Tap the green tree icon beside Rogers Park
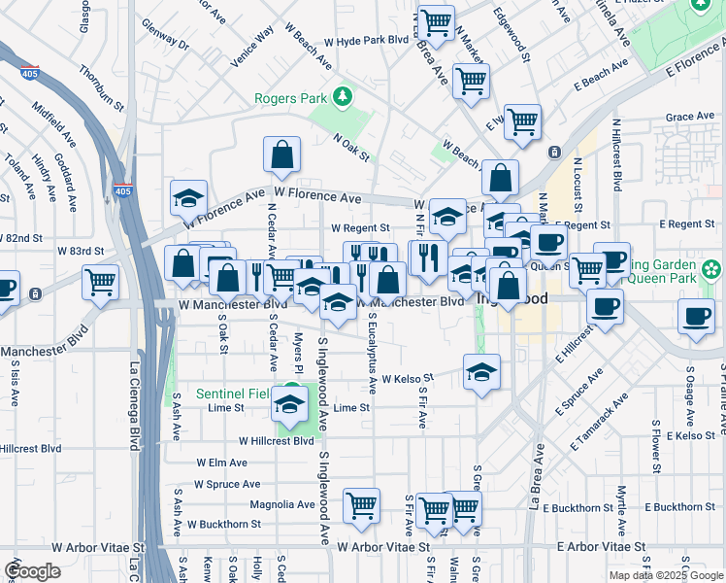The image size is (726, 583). pos(341,97)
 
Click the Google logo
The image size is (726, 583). pos(33,571)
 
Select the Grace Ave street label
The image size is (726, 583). pos(690,117)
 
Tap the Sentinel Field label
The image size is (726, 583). pos(234,394)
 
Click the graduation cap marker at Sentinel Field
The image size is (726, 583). pos(289,404)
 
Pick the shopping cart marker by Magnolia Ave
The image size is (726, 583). pos(361,505)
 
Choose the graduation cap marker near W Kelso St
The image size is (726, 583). pos(481,372)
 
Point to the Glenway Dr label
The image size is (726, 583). pos(164,35)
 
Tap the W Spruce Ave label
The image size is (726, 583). pos(226,484)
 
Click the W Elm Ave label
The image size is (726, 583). pos(223,463)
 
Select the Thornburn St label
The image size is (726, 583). pos(103,86)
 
